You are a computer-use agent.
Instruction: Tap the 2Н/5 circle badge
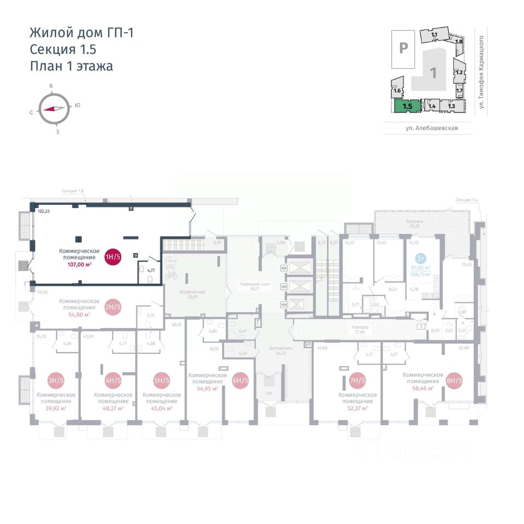click(112, 307)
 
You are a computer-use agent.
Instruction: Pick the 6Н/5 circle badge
click(240, 380)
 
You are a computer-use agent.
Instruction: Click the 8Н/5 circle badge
click(454, 380)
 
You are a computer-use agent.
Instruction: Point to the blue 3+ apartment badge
click(420, 258)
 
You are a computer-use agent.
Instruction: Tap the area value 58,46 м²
click(422, 388)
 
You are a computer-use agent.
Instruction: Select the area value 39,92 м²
click(56, 408)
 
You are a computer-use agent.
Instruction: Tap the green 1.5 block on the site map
click(408, 106)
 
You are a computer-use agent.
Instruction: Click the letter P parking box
click(403, 48)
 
